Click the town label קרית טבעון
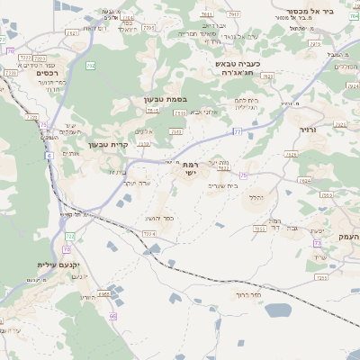point(108,145)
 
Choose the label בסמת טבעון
point(164,99)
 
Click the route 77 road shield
point(237,130)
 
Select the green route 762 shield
point(91,66)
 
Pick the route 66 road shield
point(113,316)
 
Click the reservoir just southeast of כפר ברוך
point(279,310)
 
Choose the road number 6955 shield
point(103,293)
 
